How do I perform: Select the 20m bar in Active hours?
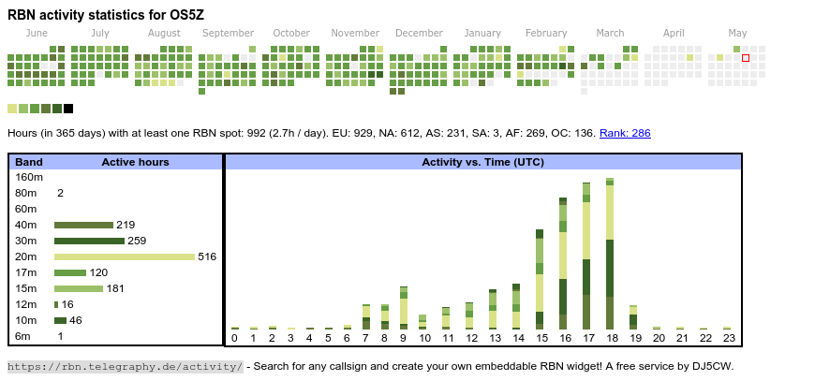(x=125, y=256)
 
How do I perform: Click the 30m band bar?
(x=89, y=241)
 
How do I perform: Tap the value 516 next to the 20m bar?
(x=207, y=256)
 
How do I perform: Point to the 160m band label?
(x=29, y=177)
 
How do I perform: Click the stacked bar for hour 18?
(x=610, y=253)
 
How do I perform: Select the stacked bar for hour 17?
(x=586, y=255)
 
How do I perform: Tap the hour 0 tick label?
(x=234, y=338)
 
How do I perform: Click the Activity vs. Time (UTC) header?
(x=482, y=162)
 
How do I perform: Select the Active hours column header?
(x=135, y=162)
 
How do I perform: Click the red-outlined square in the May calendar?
(x=746, y=58)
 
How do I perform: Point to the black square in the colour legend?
(x=68, y=109)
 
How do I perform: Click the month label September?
(x=228, y=33)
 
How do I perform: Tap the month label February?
(x=546, y=33)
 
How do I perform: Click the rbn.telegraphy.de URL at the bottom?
(x=126, y=366)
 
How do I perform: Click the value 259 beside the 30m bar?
(x=138, y=241)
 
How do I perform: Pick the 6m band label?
(x=23, y=336)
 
